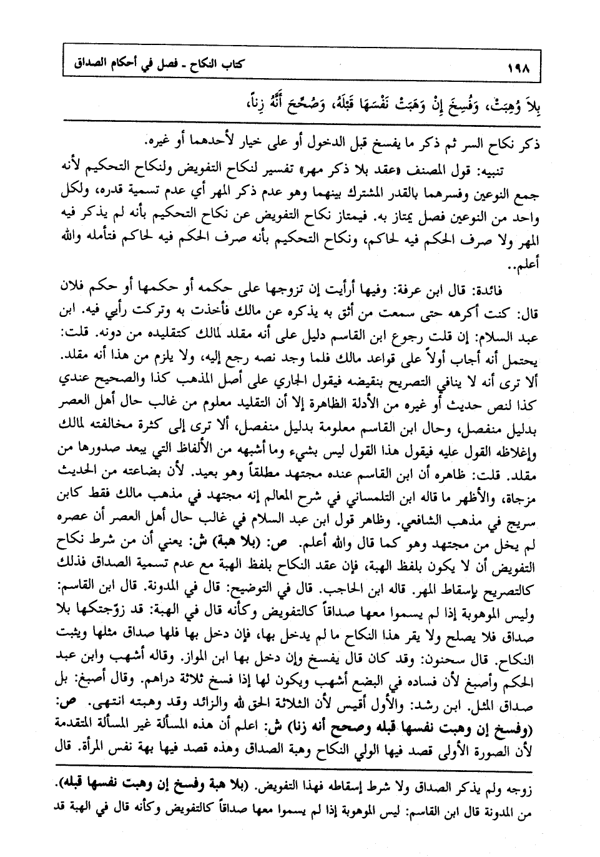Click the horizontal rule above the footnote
click(x=300, y=764)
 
